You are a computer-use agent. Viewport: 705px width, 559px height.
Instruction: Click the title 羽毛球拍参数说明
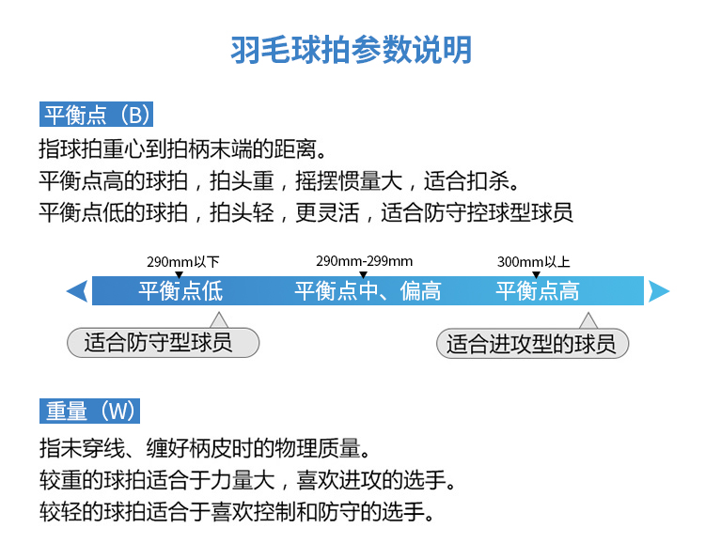pyautogui.click(x=352, y=49)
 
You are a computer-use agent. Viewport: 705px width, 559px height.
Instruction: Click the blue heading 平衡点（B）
pyautogui.click(x=96, y=116)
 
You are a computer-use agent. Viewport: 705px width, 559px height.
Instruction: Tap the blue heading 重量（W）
pyautogui.click(x=91, y=411)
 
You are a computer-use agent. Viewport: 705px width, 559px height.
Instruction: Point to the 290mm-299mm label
pyautogui.click(x=364, y=261)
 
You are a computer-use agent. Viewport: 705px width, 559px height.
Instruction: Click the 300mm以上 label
pyautogui.click(x=533, y=262)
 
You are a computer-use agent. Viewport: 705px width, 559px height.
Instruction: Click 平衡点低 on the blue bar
pyautogui.click(x=180, y=290)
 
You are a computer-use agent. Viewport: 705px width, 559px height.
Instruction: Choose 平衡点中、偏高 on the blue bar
pyautogui.click(x=368, y=290)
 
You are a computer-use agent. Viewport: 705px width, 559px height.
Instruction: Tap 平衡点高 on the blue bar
pyautogui.click(x=537, y=290)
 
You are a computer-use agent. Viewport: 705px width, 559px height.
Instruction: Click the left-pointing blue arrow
pyautogui.click(x=77, y=291)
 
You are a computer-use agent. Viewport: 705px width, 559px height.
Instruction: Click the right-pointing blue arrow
pyautogui.click(x=659, y=291)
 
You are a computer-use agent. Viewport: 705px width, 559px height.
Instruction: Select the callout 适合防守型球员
pyautogui.click(x=163, y=342)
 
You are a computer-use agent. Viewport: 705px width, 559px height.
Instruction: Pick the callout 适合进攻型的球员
pyautogui.click(x=532, y=343)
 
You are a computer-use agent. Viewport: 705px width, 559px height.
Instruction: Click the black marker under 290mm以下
pyautogui.click(x=180, y=273)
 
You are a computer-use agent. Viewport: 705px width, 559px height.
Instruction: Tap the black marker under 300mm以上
pyautogui.click(x=536, y=273)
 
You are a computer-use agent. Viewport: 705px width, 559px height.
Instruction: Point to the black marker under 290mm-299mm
pyautogui.click(x=363, y=273)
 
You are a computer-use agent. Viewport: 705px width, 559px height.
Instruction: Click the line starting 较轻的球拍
pyautogui.click(x=237, y=512)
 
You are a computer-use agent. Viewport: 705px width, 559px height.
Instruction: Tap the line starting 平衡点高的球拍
pyautogui.click(x=279, y=180)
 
